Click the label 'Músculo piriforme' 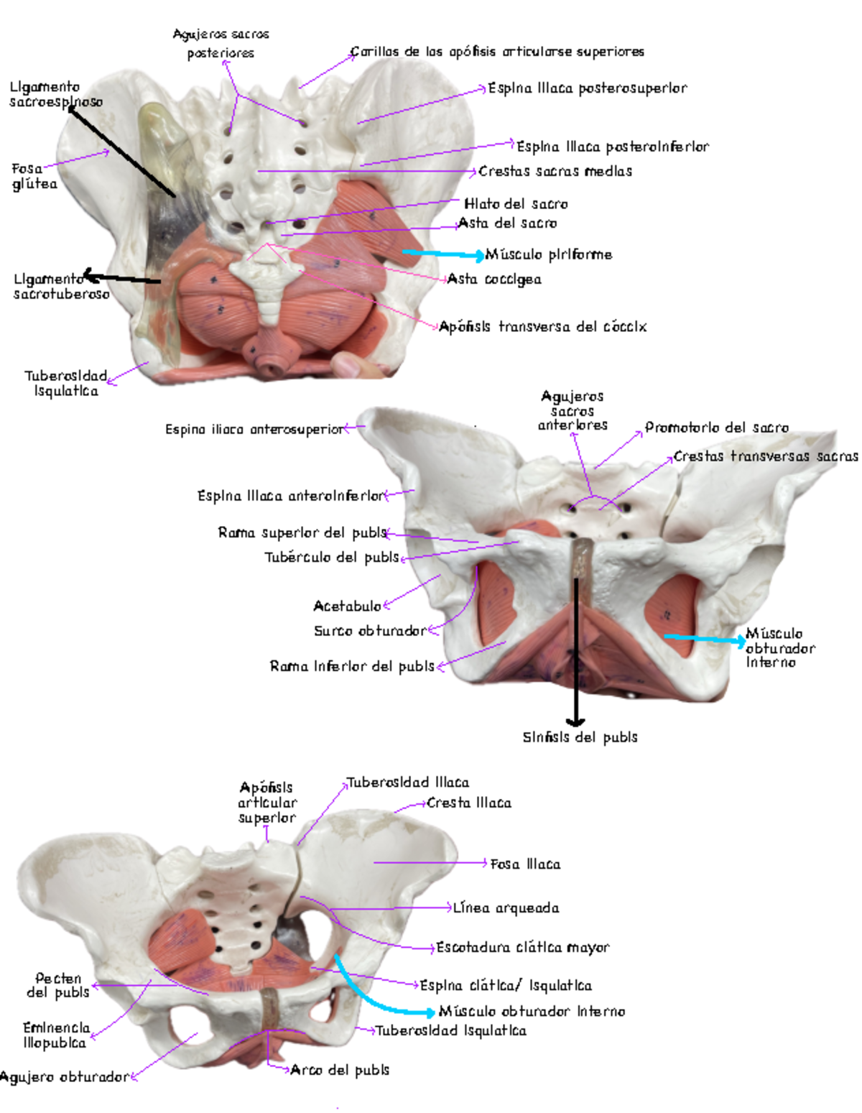(x=548, y=254)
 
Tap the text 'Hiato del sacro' (x=516, y=204)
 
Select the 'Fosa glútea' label (x=34, y=176)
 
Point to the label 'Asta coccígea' (x=494, y=279)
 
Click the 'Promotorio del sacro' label (x=717, y=428)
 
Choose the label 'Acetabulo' (x=347, y=606)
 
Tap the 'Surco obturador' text (x=370, y=631)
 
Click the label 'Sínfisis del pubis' (x=580, y=737)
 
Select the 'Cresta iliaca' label (x=469, y=803)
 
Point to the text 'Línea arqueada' (x=506, y=908)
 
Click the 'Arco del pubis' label (x=339, y=1070)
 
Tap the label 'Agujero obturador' (x=65, y=1077)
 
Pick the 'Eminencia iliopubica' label (x=56, y=1035)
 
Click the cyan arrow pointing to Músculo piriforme (x=443, y=254)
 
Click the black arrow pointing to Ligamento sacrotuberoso (x=122, y=279)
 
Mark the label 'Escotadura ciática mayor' (x=523, y=948)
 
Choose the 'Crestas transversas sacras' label (x=766, y=456)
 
